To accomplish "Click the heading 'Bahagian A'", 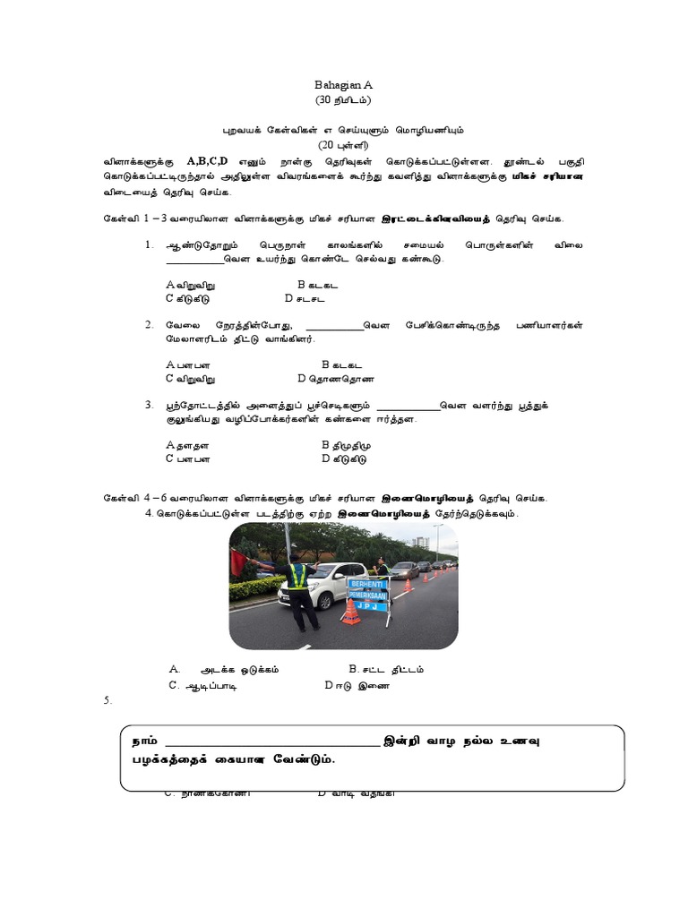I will point(343,83).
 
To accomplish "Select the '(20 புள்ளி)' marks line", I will point(343,145).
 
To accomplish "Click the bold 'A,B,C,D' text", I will point(207,160).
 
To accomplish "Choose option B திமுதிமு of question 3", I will point(345,444).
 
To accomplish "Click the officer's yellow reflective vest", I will point(297,577).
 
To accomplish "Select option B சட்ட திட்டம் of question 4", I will point(386,669).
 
